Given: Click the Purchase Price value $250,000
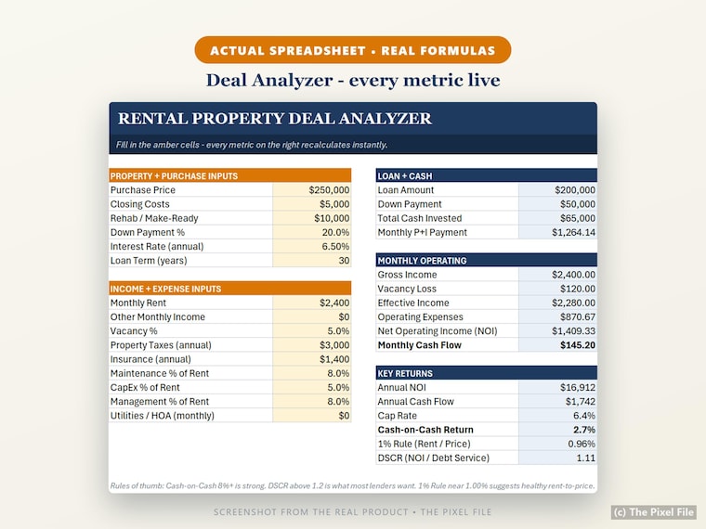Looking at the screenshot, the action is [x=329, y=190].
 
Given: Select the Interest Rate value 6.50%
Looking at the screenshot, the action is [x=335, y=247].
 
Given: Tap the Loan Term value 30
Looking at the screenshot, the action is [x=344, y=261].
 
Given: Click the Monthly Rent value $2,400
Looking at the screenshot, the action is [x=334, y=303].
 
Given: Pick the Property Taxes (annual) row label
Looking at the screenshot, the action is [x=161, y=345].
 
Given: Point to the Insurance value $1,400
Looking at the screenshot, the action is [x=334, y=359].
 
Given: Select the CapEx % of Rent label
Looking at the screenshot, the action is [x=145, y=387].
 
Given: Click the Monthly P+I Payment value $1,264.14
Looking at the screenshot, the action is [x=574, y=232].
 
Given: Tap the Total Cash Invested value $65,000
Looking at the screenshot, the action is [x=578, y=218].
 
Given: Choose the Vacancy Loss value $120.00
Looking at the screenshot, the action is [x=578, y=289].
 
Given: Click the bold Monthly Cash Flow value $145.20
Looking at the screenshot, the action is [x=578, y=345].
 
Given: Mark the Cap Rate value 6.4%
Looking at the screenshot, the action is [x=584, y=416].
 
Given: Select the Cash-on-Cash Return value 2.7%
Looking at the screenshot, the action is [x=584, y=430].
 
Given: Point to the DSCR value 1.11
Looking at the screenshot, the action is [x=586, y=458].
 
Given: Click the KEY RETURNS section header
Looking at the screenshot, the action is [x=405, y=373].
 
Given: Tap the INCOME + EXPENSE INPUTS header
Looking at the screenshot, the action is [x=165, y=289].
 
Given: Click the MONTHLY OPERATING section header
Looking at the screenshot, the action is [x=422, y=261].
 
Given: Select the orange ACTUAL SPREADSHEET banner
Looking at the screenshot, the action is [x=353, y=50].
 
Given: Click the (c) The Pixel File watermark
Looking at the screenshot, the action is [x=654, y=512].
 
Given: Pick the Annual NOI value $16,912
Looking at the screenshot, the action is [x=578, y=387].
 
